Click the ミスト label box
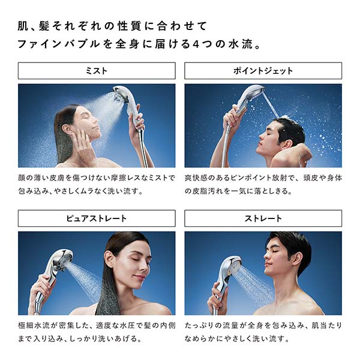tap(97, 71)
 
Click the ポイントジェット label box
tap(263, 71)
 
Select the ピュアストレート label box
tap(97, 218)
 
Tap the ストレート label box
tap(263, 218)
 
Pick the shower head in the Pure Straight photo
tap(57, 264)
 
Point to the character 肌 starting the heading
tap(25, 26)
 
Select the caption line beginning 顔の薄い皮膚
tap(97, 178)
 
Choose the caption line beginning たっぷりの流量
tap(263, 325)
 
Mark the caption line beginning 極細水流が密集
tap(97, 325)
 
